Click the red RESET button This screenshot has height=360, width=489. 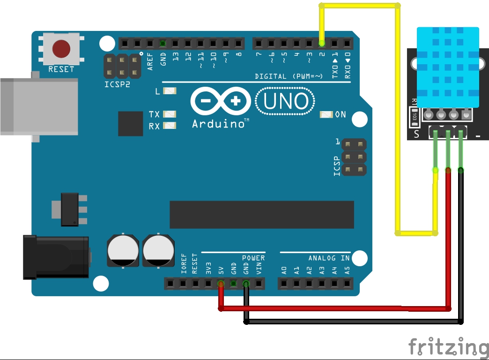[61, 48]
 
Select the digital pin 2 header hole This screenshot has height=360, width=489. [322, 44]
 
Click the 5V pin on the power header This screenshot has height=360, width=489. [221, 283]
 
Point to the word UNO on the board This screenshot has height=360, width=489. [285, 102]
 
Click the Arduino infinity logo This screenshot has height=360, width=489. [221, 101]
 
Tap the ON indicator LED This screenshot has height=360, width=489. [326, 114]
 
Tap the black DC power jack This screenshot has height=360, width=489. [56, 258]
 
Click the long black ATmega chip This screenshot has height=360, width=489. [261, 215]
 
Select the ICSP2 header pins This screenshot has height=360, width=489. [122, 66]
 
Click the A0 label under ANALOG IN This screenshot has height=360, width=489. [284, 270]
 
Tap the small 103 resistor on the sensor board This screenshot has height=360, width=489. [414, 118]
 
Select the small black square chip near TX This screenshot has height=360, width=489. [131, 124]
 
